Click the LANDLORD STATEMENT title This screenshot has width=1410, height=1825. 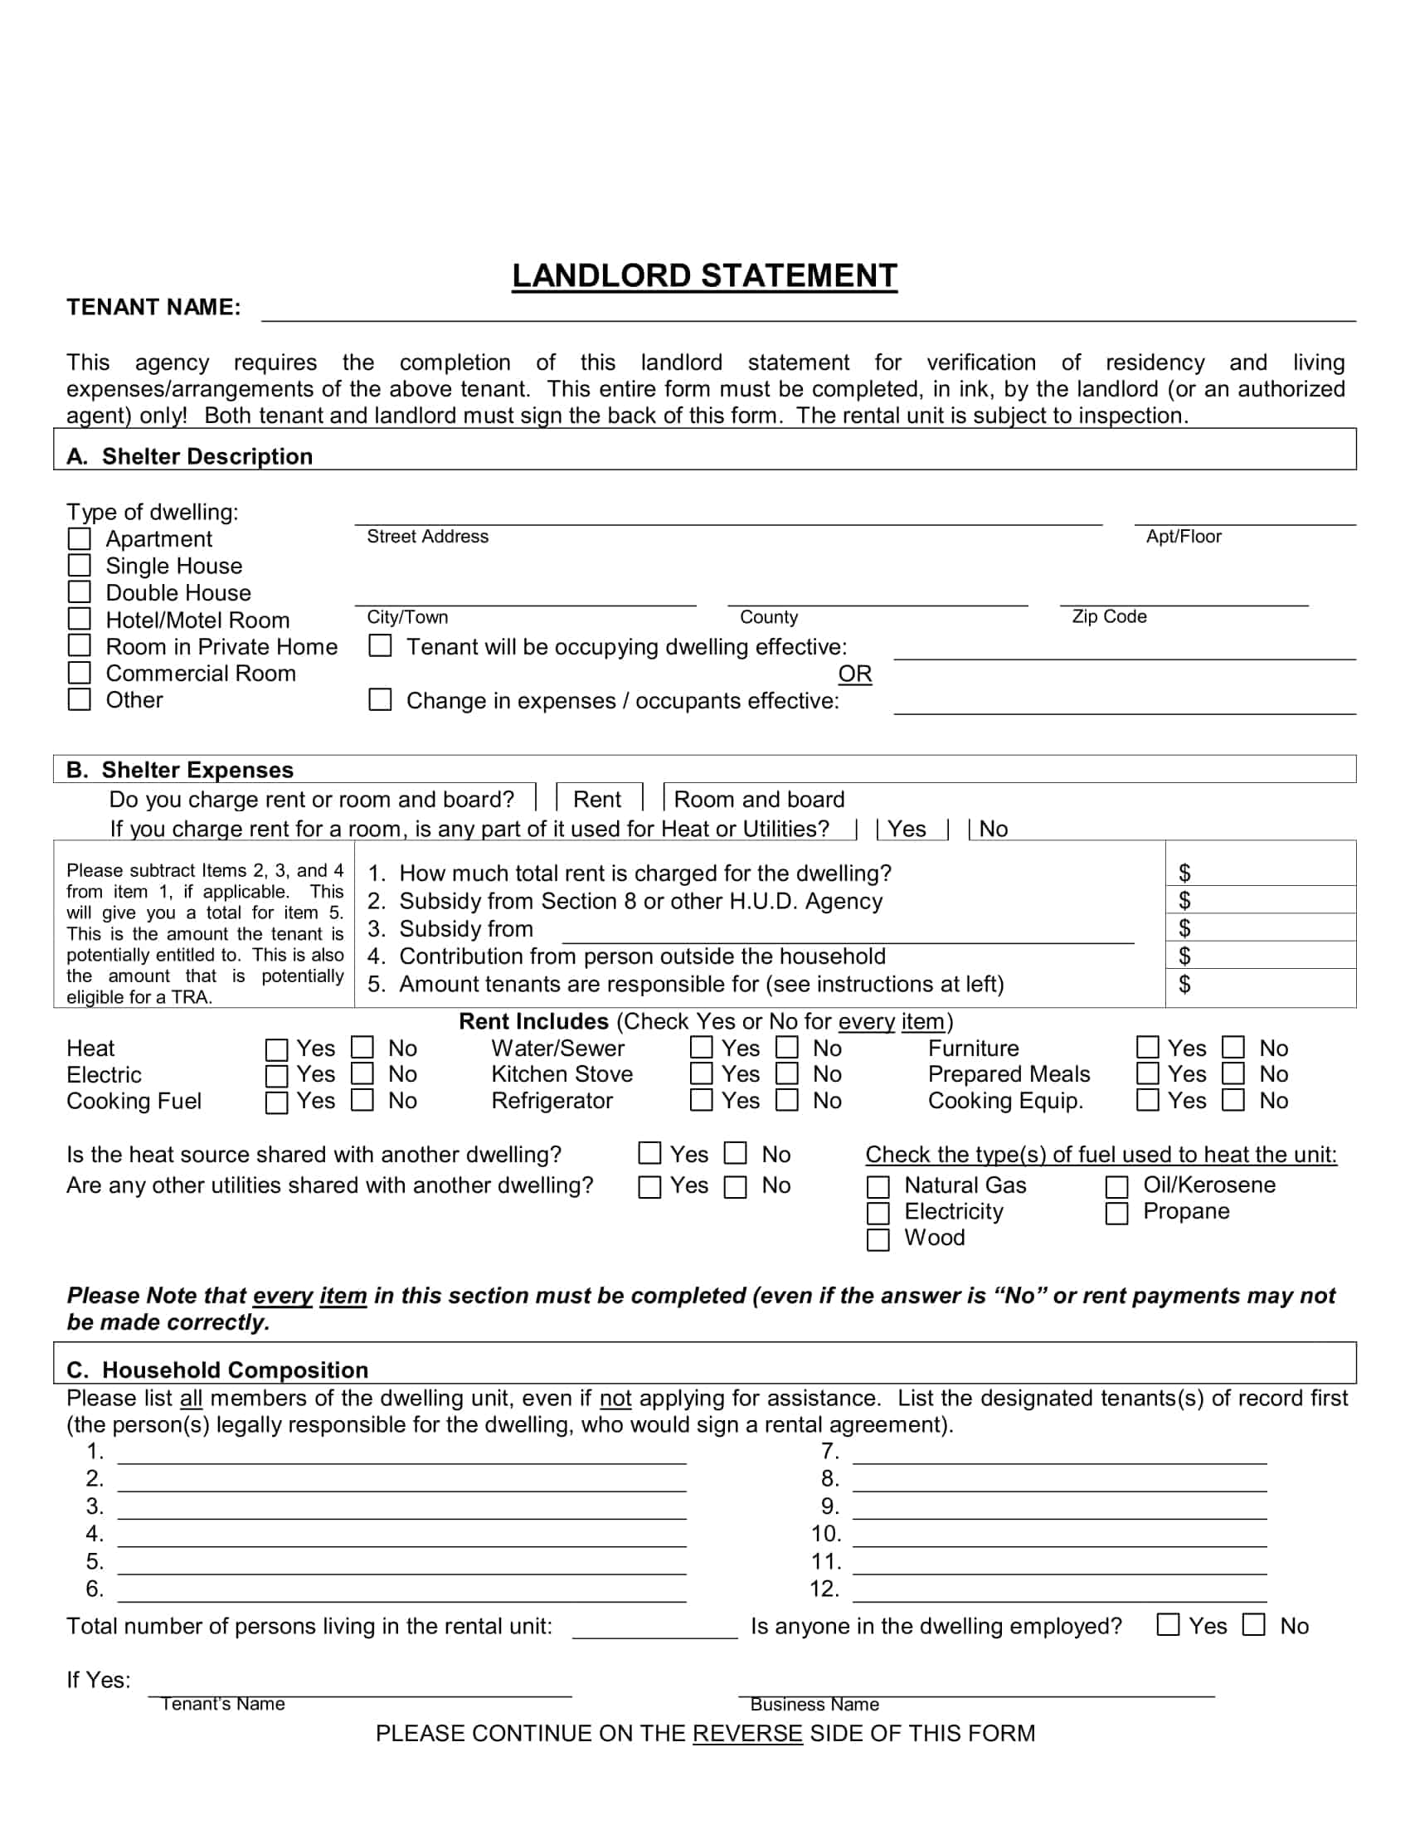(x=704, y=275)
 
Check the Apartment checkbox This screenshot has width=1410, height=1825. (x=80, y=539)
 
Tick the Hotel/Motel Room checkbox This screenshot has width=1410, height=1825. (x=80, y=619)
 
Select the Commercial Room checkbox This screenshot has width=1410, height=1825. (x=80, y=673)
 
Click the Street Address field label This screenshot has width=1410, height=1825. (x=428, y=537)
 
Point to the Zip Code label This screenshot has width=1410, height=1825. (x=1108, y=616)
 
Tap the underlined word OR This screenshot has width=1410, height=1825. (x=854, y=674)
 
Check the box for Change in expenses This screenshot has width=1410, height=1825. (x=380, y=700)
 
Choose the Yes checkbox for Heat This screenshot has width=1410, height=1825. (x=276, y=1049)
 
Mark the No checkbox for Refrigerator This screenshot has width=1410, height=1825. (x=787, y=1101)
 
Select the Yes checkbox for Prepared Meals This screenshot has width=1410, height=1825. (x=1148, y=1073)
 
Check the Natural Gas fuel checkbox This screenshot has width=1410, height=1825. (x=878, y=1186)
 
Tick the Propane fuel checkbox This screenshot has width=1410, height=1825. (x=1117, y=1213)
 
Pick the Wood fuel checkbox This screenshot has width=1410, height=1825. (x=878, y=1239)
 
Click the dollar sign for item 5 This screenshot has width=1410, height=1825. (x=1184, y=985)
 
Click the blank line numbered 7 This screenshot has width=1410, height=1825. (x=1059, y=1454)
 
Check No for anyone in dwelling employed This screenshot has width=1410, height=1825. (x=1254, y=1625)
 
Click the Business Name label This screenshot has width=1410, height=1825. (x=814, y=1705)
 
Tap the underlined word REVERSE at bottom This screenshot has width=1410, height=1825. (x=746, y=1734)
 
